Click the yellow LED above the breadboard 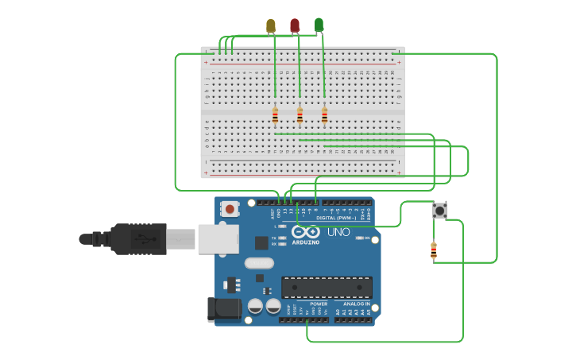[x=271, y=26]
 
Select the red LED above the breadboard [x=295, y=26]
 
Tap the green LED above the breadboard [x=319, y=25]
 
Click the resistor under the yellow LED [x=275, y=116]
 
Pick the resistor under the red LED [x=300, y=116]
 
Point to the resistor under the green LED [x=324, y=116]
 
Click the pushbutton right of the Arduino [x=439, y=211]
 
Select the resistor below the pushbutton [x=434, y=250]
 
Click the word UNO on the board [x=338, y=232]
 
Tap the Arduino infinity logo [x=306, y=232]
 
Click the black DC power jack [x=224, y=309]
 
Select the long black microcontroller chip [x=327, y=287]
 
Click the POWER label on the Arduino [x=319, y=304]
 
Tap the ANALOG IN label [x=357, y=304]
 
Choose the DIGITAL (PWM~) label [x=336, y=217]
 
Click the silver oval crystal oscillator [x=259, y=263]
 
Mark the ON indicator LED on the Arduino [x=360, y=238]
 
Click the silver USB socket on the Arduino [x=218, y=238]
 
